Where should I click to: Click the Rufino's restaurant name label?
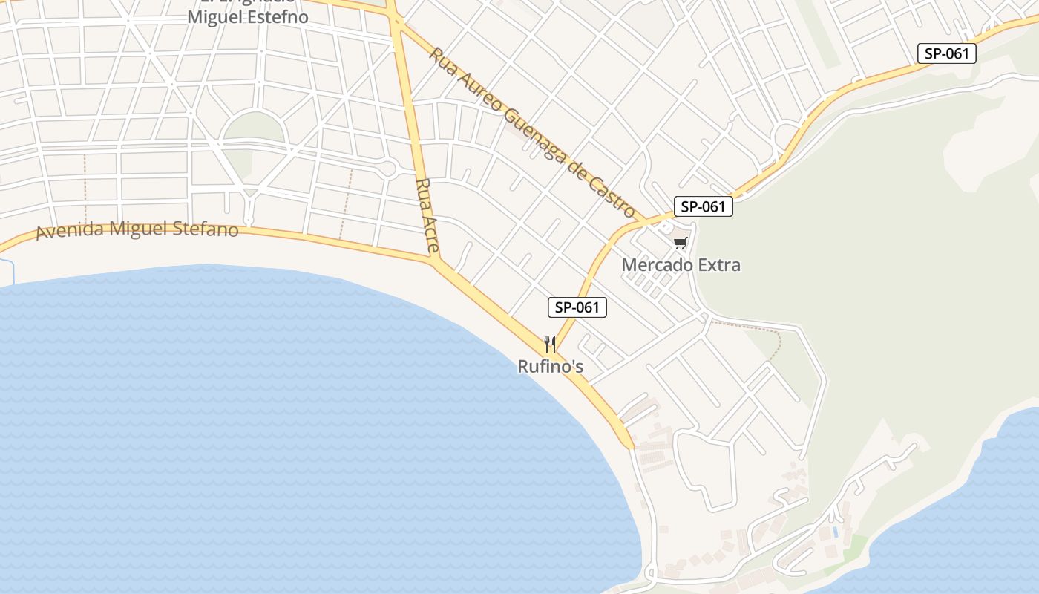point(550,366)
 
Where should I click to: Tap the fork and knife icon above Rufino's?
point(550,345)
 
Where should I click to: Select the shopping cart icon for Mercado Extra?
point(680,244)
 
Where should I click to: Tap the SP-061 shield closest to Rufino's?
point(577,307)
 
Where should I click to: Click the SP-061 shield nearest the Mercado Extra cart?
point(703,206)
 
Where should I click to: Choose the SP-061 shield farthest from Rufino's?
point(946,53)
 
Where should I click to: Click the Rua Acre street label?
point(427,215)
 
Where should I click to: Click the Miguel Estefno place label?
point(247,17)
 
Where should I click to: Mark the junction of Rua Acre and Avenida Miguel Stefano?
point(435,261)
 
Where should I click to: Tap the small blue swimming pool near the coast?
point(836,532)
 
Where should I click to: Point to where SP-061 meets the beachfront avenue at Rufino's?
point(557,352)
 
